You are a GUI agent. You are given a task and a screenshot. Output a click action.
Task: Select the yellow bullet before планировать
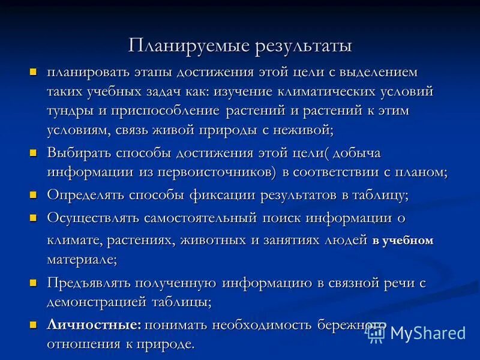34,72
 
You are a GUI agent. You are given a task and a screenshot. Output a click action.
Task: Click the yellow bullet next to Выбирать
34,153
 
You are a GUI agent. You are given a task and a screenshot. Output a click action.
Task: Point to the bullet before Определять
34,194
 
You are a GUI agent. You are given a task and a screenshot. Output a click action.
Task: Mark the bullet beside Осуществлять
34,217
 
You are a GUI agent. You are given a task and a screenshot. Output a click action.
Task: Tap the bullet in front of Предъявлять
34,281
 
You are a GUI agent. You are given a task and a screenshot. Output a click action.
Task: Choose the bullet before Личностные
34,325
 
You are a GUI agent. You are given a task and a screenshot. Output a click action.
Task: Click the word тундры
69,112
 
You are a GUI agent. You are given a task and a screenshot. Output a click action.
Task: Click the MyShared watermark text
427,332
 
